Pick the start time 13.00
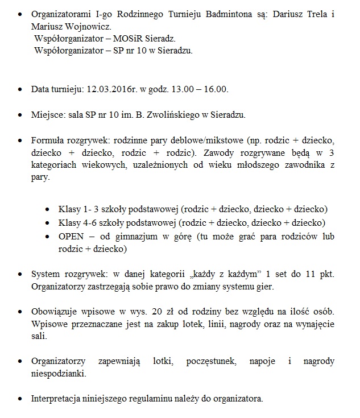click(x=181, y=90)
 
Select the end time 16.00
click(x=216, y=90)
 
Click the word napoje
click(x=266, y=361)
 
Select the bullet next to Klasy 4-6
click(x=47, y=222)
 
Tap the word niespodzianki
click(x=59, y=374)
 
